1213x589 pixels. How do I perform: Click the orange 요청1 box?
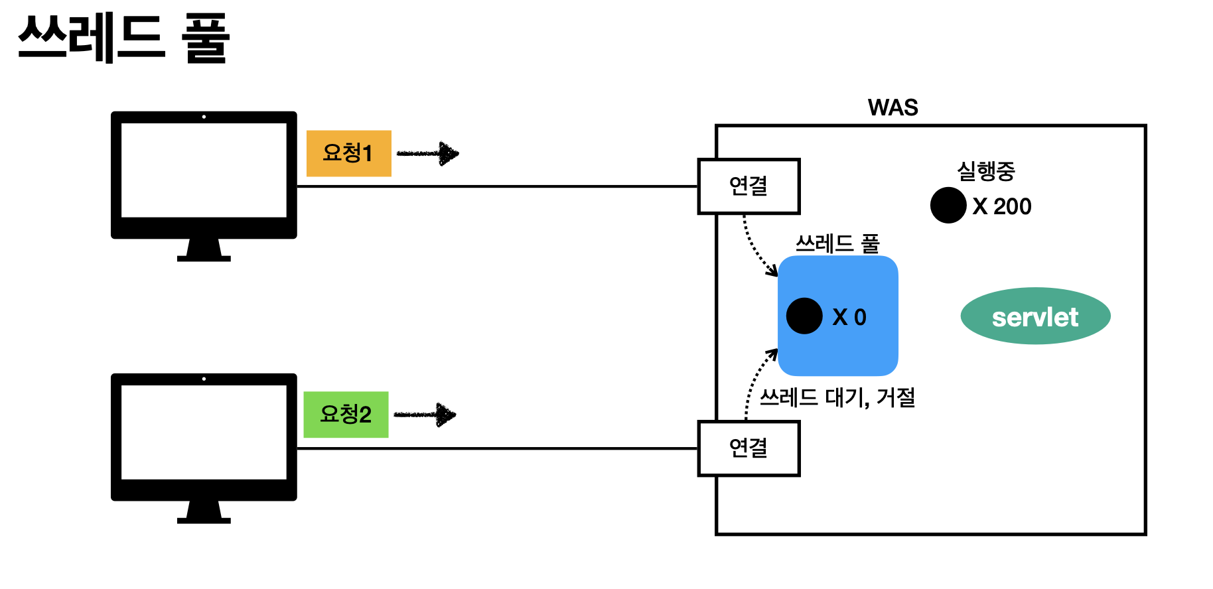coord(348,153)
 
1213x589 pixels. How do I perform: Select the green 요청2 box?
coord(346,415)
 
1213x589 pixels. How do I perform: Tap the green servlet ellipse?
coord(1035,316)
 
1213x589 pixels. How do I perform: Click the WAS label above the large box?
coord(892,107)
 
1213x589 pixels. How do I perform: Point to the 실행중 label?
coord(985,171)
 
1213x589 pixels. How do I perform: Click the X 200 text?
coord(1002,206)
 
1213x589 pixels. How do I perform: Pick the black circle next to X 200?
coord(948,205)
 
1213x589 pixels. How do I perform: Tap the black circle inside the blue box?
coord(804,316)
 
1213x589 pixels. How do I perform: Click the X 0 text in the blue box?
coord(849,317)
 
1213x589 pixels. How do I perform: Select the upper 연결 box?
coord(749,186)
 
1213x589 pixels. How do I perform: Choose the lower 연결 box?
coord(749,448)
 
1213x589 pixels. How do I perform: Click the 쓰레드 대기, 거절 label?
coord(837,397)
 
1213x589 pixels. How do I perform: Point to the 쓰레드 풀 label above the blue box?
coord(837,243)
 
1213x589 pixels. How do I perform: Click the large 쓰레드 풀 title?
coord(124,38)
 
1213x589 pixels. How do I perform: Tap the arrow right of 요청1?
coord(428,153)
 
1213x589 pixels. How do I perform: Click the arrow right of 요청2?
coord(425,415)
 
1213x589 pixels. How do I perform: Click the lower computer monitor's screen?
coord(204,432)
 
